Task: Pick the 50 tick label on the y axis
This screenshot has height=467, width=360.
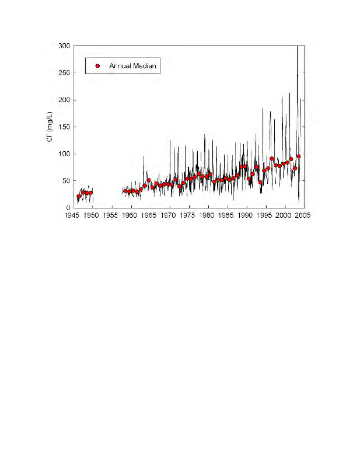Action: click(x=66, y=180)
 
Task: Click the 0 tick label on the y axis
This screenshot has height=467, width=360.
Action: click(x=68, y=207)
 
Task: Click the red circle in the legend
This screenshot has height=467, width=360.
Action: click(x=98, y=65)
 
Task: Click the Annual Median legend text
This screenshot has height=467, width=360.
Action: click(x=132, y=65)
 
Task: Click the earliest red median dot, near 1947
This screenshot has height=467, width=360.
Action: click(x=79, y=197)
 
